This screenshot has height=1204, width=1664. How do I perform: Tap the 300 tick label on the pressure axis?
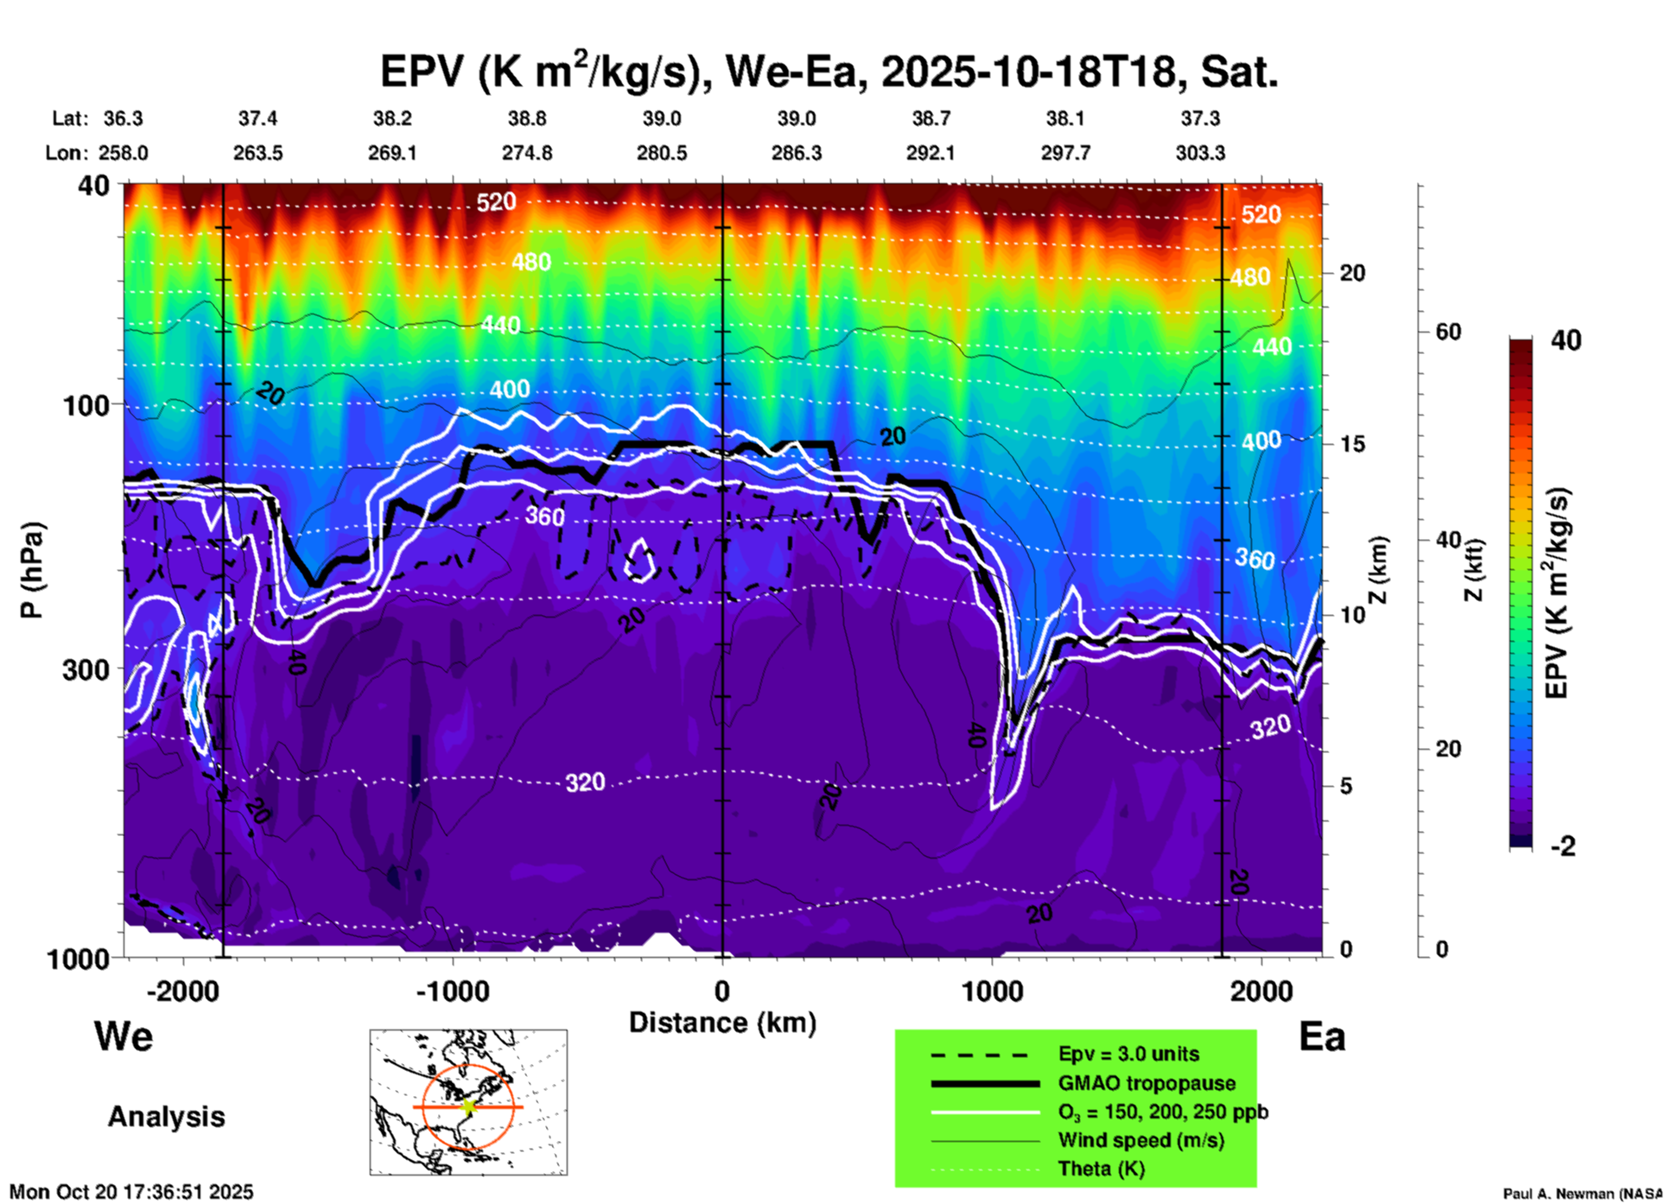pos(86,669)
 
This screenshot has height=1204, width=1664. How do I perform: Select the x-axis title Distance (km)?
pos(722,1023)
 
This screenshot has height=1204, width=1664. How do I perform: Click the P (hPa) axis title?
pos(32,570)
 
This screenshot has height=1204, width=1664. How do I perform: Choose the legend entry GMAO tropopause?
pos(1146,1083)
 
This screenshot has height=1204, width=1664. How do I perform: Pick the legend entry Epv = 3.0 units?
pos(1128,1055)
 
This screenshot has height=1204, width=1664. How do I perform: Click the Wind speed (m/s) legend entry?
pos(1140,1140)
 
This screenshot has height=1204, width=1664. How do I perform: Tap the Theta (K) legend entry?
pos(1102,1169)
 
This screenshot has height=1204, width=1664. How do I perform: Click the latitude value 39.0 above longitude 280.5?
pos(661,118)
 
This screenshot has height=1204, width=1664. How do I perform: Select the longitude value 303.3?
pos(1200,153)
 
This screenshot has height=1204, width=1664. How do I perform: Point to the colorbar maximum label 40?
pos(1566,340)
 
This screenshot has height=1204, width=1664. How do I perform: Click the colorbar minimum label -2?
pos(1563,846)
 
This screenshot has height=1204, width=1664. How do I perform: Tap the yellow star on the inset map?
pos(468,1106)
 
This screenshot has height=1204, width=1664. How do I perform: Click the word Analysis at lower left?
pos(166,1117)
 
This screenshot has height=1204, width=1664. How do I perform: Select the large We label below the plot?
pos(124,1036)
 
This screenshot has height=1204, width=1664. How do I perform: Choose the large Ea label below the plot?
pos(1322,1036)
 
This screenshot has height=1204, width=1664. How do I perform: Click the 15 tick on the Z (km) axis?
pos(1352,444)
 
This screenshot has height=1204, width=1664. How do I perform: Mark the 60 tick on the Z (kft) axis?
pos(1448,332)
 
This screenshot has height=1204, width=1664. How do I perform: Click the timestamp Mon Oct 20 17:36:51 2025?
pos(131,1192)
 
